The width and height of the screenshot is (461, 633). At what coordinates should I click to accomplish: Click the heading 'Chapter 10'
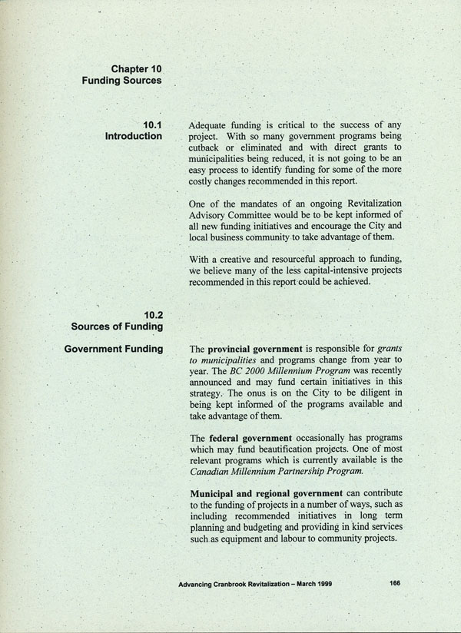(136, 69)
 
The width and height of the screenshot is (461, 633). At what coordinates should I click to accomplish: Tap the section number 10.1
(152, 124)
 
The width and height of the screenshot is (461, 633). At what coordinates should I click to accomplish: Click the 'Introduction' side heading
(133, 136)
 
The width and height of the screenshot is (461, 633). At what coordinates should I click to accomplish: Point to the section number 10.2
(152, 314)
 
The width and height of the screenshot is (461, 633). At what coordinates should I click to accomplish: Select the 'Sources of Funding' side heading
(116, 326)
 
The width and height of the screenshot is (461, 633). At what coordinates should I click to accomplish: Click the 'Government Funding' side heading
(113, 350)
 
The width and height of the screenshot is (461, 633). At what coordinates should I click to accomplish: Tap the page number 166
(395, 583)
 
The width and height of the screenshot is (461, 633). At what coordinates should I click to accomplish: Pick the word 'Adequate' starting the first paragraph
(211, 124)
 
